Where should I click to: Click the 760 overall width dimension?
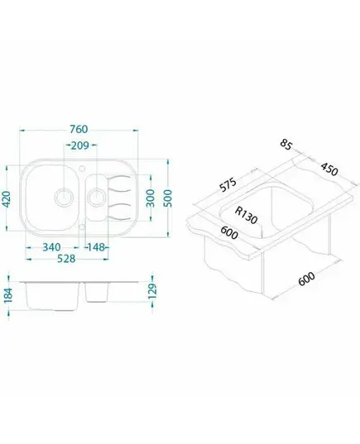[79, 130]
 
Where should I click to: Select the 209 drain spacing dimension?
[80, 146]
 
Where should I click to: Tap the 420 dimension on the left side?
[7, 199]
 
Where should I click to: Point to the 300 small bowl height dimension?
[151, 198]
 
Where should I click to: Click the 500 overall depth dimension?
[168, 198]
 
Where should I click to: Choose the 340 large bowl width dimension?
[51, 247]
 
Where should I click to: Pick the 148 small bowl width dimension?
[96, 247]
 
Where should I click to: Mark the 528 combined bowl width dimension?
[66, 259]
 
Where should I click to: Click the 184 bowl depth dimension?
[8, 296]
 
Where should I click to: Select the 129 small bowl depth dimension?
[152, 291]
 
